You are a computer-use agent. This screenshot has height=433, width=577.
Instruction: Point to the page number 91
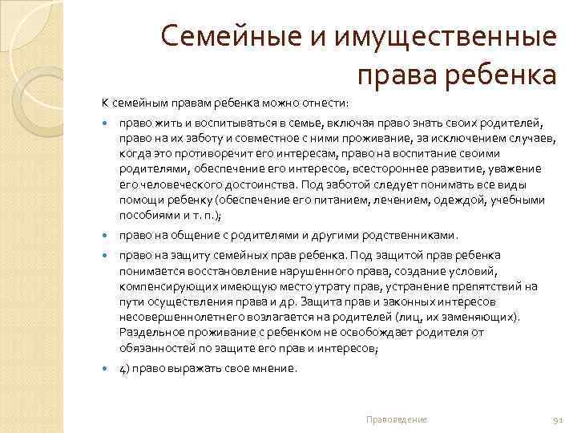pyautogui.click(x=559, y=420)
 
